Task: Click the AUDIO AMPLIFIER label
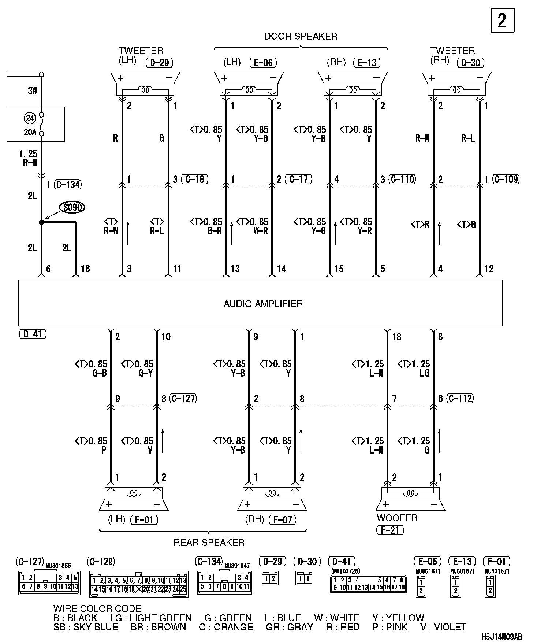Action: [x=263, y=304]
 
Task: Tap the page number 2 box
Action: [x=502, y=21]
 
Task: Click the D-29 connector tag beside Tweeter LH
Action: [x=159, y=63]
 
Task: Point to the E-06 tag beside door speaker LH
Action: [x=263, y=63]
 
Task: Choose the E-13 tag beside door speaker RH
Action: [x=367, y=63]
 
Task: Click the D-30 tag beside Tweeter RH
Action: [x=470, y=63]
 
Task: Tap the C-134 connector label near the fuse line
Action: [x=68, y=185]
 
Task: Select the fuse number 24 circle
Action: [x=30, y=118]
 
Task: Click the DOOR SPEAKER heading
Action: [x=301, y=36]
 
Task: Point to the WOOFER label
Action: [x=397, y=518]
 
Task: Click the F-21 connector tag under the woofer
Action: [x=390, y=530]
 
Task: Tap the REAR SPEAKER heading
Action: [x=209, y=543]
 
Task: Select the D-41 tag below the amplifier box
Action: [x=33, y=334]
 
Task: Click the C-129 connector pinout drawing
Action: [x=139, y=584]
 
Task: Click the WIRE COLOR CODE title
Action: [x=97, y=609]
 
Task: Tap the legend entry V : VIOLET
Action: [x=443, y=627]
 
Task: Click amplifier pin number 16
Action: [x=85, y=269]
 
